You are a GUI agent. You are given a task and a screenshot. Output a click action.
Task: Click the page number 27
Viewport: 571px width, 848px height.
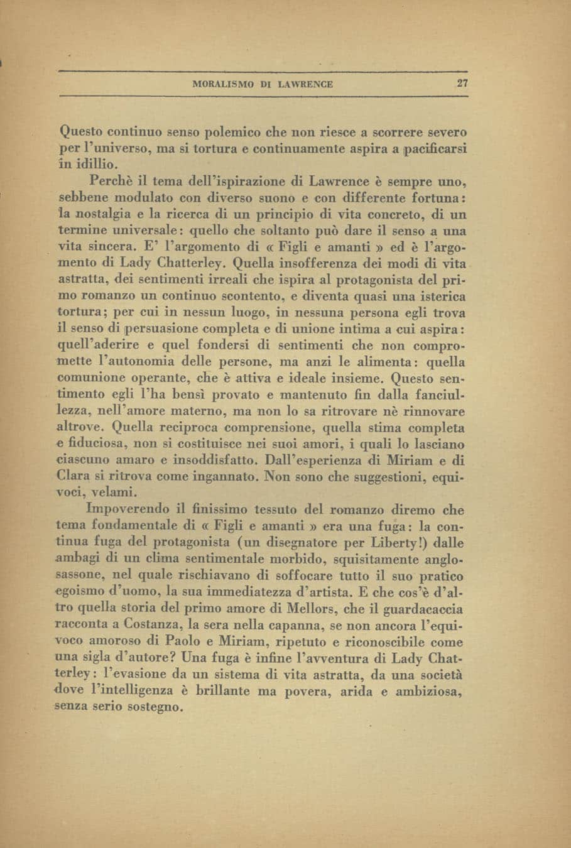[462, 84]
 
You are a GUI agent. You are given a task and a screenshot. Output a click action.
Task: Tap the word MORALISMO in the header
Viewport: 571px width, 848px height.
[223, 84]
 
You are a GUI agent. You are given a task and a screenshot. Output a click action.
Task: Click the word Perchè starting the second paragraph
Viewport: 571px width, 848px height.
[112, 182]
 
